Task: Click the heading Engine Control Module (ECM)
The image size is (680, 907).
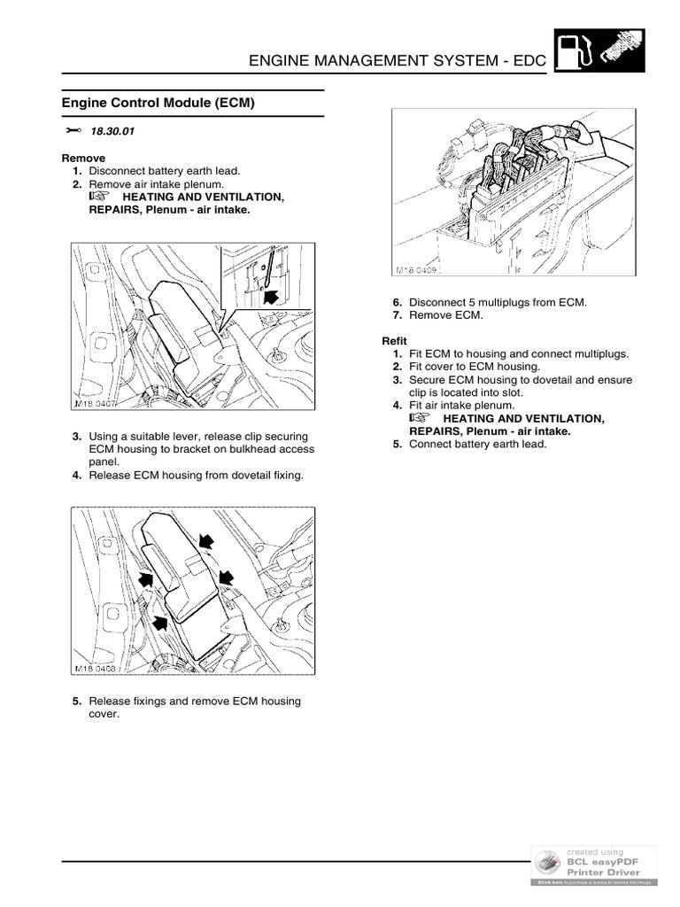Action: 158,103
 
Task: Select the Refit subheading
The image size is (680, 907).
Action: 395,341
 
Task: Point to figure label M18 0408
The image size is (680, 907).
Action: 96,669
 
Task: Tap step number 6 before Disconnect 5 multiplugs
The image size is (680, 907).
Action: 398,302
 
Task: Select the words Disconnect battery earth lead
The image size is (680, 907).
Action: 164,170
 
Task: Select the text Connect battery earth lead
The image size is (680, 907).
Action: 477,444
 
